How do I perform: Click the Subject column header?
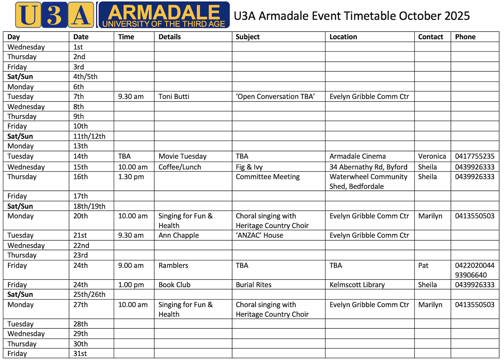247,37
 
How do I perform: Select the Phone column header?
465,37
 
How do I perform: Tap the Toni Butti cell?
174,96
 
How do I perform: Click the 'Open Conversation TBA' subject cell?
275,96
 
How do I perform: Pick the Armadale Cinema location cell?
358,156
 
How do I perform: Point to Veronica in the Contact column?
432,156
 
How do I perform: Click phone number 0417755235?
475,156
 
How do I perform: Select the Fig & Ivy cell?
249,167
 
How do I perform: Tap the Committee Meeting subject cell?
268,177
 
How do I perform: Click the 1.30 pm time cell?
131,177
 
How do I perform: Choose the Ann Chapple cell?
178,235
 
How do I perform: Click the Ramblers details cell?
173,265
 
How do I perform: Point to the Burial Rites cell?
253,285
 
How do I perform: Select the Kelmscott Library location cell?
357,285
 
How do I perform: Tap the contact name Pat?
423,265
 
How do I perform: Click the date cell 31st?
80,353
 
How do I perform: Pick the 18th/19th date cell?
89,206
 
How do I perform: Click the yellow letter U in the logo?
28,15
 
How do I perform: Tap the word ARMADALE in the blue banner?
164,12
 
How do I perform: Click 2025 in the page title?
457,16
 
